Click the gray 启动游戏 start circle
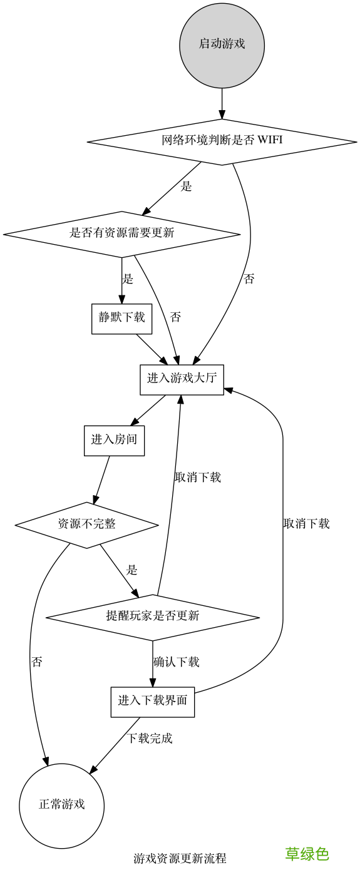point(222,44)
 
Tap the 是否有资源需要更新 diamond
point(121,234)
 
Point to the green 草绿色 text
point(307,854)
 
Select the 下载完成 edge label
point(150,739)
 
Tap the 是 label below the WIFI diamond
point(186,187)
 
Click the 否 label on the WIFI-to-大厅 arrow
point(249,280)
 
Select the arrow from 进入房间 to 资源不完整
point(101,479)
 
